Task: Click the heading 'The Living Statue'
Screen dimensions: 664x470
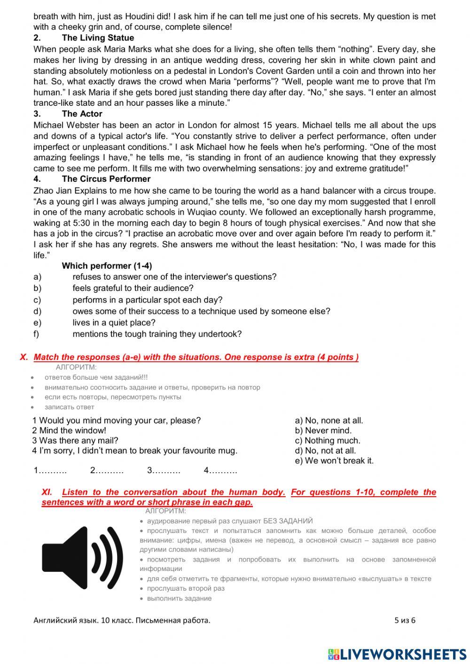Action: click(98, 38)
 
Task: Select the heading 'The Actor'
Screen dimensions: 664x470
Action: click(82, 114)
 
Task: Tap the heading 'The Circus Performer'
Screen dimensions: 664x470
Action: click(106, 179)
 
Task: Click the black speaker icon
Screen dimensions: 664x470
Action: click(82, 558)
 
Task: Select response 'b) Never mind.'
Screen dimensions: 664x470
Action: click(323, 430)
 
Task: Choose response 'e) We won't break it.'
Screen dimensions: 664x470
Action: click(334, 461)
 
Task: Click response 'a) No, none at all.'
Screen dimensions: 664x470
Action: click(329, 421)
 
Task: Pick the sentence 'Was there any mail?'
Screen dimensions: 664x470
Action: click(78, 440)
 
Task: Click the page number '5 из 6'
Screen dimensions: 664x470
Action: click(405, 620)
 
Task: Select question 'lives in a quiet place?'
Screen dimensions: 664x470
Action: click(114, 323)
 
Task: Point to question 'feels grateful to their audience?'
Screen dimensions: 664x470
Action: click(133, 288)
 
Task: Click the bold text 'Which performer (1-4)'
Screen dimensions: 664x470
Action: click(107, 266)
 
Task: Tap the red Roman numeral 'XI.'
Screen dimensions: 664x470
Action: click(47, 492)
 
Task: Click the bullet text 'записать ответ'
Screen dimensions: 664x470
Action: click(69, 407)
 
